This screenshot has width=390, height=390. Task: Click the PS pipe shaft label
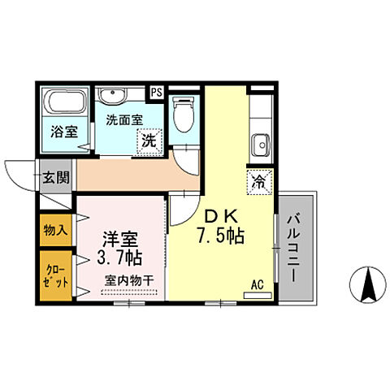156,92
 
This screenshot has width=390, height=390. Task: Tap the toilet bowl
183,115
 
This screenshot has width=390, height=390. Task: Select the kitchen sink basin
262,145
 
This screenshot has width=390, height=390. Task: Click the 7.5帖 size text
222,238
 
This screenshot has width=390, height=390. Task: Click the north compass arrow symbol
367,285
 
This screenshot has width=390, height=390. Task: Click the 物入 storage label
55,230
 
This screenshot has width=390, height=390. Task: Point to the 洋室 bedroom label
119,240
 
